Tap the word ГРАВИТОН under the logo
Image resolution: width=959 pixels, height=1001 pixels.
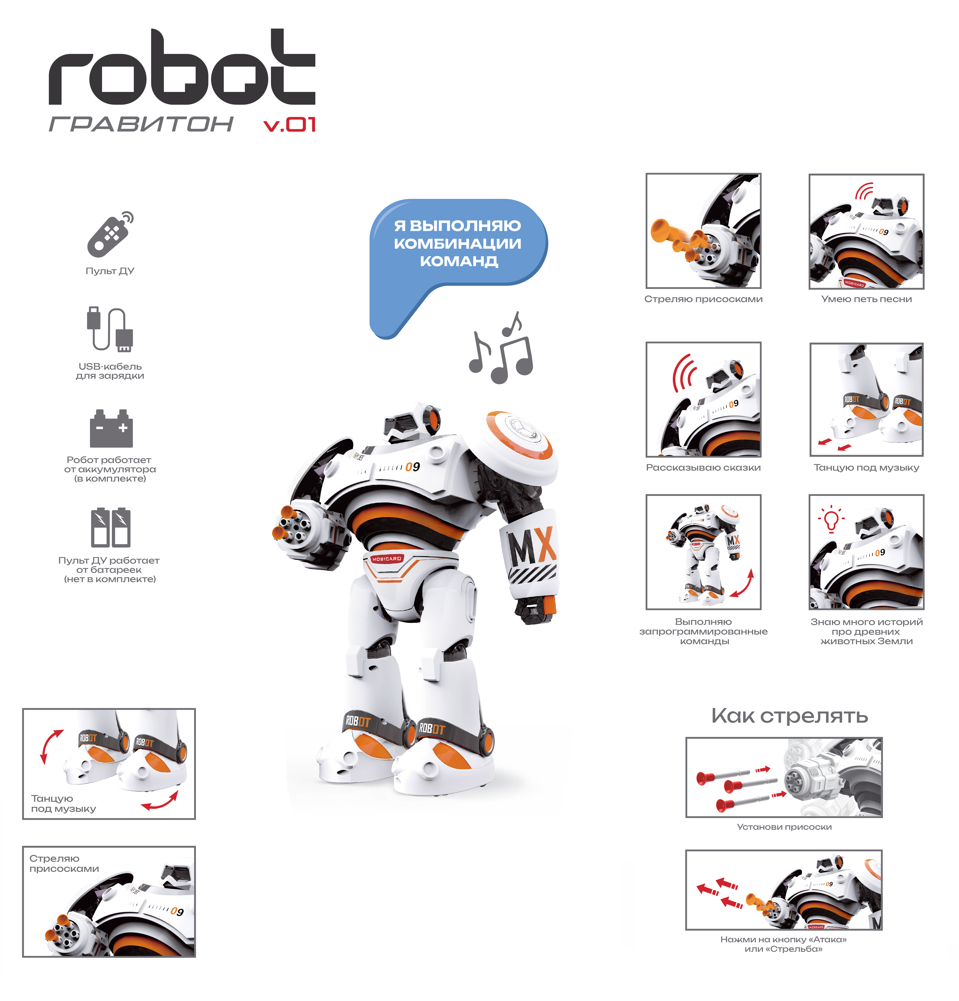(x=141, y=124)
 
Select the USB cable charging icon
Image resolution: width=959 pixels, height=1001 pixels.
(x=110, y=329)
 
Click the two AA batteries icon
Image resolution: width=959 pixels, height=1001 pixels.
(x=110, y=527)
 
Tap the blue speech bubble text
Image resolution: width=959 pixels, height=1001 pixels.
(x=458, y=243)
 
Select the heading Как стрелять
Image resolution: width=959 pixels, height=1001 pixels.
(x=789, y=716)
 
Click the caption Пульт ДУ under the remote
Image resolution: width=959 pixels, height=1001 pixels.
(x=110, y=271)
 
